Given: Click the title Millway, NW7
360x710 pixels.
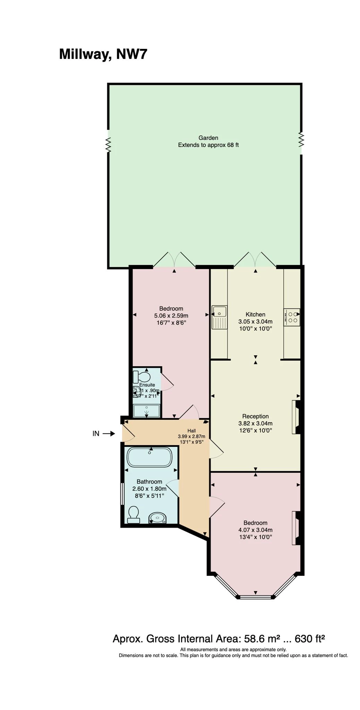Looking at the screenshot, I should point(103,54).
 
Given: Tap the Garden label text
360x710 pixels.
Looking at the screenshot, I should point(208,138).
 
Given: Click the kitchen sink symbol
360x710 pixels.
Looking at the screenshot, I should point(219,317).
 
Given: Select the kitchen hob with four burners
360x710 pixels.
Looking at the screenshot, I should point(292,317).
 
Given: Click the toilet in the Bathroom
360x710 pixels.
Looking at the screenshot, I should point(133,514).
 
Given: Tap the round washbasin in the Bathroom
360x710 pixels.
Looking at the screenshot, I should point(158,518).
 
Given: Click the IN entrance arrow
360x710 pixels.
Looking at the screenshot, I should point(108,433).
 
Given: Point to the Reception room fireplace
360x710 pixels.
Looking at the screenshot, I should point(296,417).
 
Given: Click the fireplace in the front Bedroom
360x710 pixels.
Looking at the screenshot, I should point(296,528).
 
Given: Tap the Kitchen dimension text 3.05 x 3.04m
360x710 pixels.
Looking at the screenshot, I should point(255,321).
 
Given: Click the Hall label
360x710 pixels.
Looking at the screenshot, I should point(191,431).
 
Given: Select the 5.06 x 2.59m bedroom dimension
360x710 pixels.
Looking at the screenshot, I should point(171,315).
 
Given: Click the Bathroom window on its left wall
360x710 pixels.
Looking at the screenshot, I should point(122,494).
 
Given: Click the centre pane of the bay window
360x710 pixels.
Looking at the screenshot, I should point(256,597).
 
